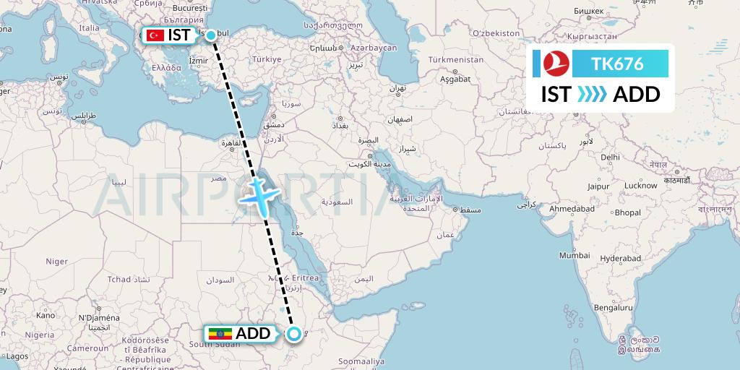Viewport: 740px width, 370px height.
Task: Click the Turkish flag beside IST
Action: (x=155, y=35)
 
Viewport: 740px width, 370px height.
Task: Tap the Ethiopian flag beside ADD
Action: (x=218, y=334)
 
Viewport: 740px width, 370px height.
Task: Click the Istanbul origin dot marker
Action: (x=211, y=35)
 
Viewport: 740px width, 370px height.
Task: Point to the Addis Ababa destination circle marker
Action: (x=294, y=333)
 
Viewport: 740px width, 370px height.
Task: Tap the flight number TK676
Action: (x=617, y=64)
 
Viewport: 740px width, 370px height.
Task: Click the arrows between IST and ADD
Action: (x=593, y=95)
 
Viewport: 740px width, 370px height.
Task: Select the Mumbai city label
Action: (x=575, y=255)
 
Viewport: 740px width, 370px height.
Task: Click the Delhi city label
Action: (x=610, y=157)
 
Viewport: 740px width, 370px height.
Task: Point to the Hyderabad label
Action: (x=620, y=258)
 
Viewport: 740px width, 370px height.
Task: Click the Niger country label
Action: (x=57, y=261)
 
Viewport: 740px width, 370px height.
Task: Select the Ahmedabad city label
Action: (x=572, y=208)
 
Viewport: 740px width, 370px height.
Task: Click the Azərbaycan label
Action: (x=374, y=48)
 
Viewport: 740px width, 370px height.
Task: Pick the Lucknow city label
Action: (x=641, y=185)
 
